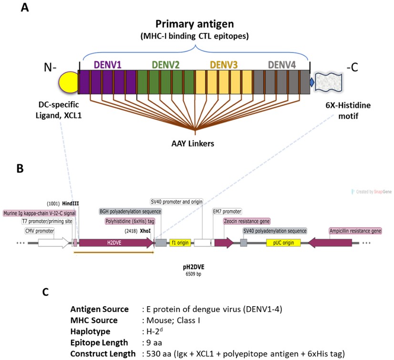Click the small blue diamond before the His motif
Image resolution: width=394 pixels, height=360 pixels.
(312, 83)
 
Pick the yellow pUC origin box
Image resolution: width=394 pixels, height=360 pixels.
(283, 242)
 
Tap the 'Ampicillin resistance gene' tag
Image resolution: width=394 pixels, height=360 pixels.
(356, 231)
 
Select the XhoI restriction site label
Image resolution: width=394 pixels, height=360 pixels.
(145, 230)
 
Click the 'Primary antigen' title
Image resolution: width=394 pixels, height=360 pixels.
(196, 24)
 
